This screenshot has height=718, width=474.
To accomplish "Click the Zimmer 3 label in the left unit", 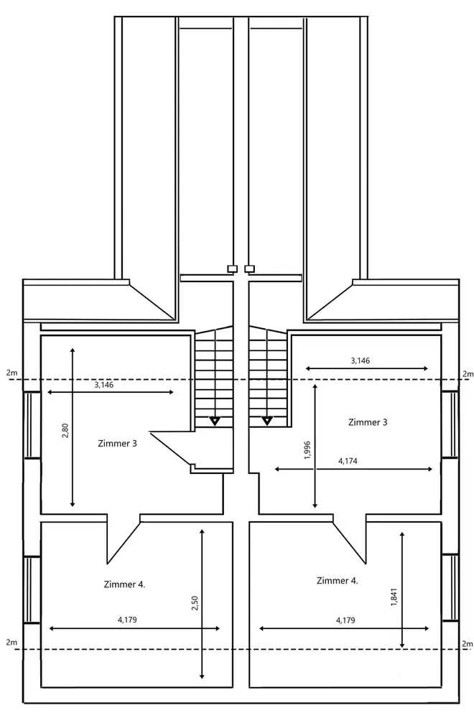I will [116, 443].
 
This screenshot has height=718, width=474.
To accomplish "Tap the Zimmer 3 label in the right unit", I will [367, 421].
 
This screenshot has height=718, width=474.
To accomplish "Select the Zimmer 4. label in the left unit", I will [125, 584].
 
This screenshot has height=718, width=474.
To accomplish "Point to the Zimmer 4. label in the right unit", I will [337, 580].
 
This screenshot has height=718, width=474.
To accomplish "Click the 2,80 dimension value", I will [65, 431].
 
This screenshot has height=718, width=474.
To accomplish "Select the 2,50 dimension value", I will [195, 604].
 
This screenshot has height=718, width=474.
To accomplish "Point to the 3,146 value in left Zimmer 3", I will [104, 385].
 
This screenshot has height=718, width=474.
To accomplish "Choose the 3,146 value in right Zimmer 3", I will [360, 360].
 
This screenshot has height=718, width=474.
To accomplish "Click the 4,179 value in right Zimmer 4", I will [345, 619].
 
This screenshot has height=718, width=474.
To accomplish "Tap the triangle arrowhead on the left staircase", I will [214, 420].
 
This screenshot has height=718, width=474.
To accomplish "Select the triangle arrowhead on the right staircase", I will [267, 420].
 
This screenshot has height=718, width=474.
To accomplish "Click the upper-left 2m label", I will [10, 373].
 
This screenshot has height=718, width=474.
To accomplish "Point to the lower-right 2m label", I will [468, 643].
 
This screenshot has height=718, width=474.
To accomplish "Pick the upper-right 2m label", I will [468, 373].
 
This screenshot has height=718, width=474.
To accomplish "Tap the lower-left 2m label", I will [10, 641].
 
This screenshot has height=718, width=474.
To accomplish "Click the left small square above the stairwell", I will [232, 269].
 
